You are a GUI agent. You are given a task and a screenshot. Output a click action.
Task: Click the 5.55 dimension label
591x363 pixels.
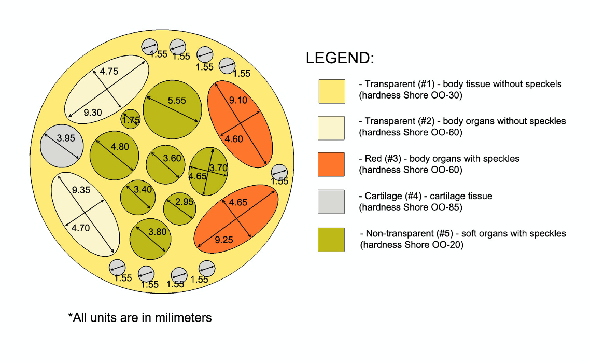[x=176, y=100]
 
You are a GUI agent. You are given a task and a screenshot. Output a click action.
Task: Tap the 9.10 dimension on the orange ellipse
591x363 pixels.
[x=238, y=100]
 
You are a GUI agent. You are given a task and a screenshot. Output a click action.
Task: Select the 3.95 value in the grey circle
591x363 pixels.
[x=66, y=138]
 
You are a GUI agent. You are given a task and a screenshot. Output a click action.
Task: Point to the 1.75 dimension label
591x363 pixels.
[x=131, y=120]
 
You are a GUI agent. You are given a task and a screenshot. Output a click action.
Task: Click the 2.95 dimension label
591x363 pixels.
[x=184, y=202]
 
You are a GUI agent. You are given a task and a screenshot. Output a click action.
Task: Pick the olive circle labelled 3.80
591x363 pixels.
[x=150, y=239]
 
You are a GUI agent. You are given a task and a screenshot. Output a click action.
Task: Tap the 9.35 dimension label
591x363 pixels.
[x=81, y=190]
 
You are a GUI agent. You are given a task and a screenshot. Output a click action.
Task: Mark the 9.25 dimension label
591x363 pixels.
[x=223, y=240]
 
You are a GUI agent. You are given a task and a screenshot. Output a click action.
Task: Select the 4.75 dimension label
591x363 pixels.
[x=109, y=72]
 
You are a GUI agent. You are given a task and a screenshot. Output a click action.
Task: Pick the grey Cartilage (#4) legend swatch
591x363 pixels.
[x=331, y=202]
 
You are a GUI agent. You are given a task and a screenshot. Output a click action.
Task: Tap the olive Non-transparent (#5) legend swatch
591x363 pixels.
[x=331, y=240]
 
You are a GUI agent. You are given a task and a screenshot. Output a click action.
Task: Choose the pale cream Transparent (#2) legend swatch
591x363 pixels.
[x=331, y=128]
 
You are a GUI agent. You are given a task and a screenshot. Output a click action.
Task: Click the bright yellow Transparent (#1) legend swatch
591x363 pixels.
[x=331, y=91]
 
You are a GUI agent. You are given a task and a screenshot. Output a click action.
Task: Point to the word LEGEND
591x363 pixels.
[x=340, y=58]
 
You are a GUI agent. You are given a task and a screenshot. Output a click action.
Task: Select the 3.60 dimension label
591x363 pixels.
[x=172, y=158]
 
